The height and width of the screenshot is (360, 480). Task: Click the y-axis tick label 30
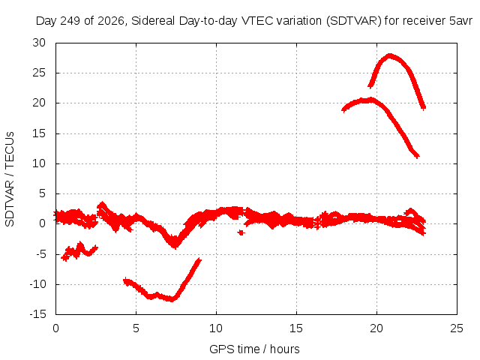click(x=39, y=43)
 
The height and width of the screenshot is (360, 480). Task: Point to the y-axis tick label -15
click(x=37, y=314)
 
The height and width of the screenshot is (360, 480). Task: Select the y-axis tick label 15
click(x=39, y=133)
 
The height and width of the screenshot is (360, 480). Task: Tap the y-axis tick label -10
click(x=37, y=284)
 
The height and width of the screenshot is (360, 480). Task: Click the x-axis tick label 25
click(x=457, y=328)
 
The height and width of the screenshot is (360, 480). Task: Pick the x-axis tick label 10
click(x=216, y=328)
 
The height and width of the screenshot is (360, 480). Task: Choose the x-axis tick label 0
click(x=55, y=328)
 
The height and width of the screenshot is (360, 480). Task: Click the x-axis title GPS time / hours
click(x=254, y=349)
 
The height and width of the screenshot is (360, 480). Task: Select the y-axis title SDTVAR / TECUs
click(x=10, y=179)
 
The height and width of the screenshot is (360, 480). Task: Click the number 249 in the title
click(x=70, y=21)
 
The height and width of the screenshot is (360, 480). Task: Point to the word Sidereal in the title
click(x=153, y=21)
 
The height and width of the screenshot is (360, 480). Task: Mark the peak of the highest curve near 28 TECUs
click(x=389, y=55)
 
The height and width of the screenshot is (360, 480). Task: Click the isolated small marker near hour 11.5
click(x=241, y=232)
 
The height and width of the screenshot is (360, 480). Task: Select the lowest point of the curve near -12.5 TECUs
click(x=172, y=299)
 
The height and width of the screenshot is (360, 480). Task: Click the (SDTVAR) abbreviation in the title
click(x=353, y=21)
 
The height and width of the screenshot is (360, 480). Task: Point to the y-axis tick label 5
click(x=43, y=193)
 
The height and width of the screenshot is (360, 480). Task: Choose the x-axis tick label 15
click(x=296, y=328)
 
